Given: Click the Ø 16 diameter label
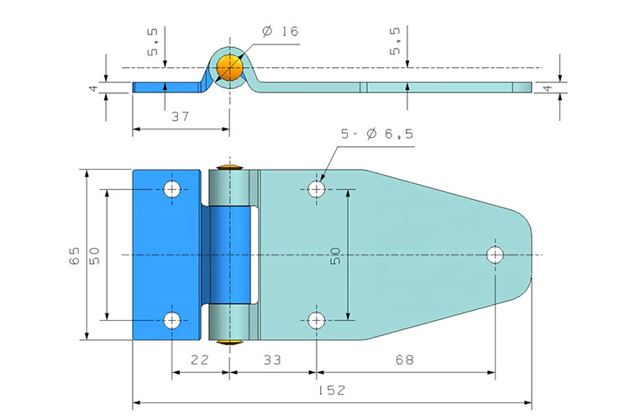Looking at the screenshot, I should pos(280,32).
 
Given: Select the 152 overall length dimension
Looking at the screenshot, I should pos(333,391).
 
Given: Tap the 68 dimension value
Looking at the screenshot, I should pos(405,360).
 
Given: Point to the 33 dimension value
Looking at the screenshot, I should pos(270,360).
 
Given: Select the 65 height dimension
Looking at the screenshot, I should pos(74,255).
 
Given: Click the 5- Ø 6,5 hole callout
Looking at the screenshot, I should pos(377,134).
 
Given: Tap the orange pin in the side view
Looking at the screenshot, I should pos(228,66).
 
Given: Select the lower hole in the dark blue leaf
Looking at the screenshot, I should pos(172,319).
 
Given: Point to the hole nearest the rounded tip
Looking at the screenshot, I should pos(495,254).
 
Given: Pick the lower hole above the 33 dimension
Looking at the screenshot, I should pos(317,319).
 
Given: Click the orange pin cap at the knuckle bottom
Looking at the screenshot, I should pos(228,342).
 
